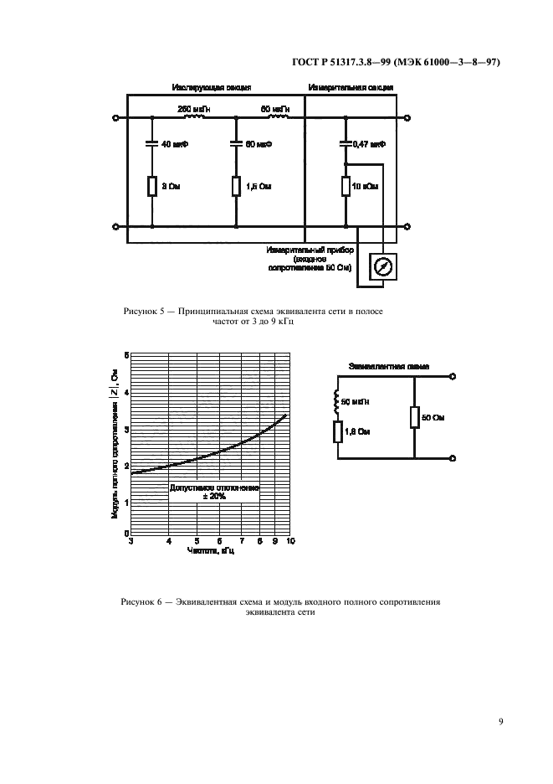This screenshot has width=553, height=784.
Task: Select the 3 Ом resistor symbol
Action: coord(151,186)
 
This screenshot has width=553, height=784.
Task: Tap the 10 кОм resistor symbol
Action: coord(345,186)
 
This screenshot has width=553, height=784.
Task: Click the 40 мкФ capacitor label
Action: coord(175,144)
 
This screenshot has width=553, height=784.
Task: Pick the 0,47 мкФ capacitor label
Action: coord(367,144)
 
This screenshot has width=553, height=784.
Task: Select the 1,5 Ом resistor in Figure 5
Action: coord(236,186)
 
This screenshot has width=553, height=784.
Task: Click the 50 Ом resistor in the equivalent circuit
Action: coord(414,417)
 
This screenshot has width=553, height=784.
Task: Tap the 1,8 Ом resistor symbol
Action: coord(337,432)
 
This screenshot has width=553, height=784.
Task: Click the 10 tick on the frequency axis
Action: coord(289,542)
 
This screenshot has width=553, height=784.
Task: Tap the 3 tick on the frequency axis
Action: coord(131,542)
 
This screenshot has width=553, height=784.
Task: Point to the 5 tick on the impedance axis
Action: coord(125,355)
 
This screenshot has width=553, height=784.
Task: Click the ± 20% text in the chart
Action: coord(215,496)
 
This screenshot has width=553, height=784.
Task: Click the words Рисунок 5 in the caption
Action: coord(144,312)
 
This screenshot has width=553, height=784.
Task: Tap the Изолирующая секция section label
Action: coord(212,87)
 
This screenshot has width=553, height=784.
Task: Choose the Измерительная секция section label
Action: coord(351,87)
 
